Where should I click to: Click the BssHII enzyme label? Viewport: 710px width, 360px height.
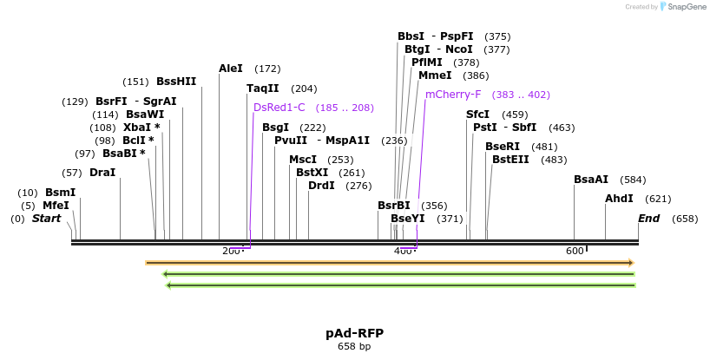tap(176, 82)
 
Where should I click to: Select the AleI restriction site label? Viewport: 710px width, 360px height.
tap(231, 68)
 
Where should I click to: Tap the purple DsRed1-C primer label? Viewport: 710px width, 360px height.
tap(279, 108)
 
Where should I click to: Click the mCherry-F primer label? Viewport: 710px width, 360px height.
tap(453, 95)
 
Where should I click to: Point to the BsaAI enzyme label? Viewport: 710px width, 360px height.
tap(591, 180)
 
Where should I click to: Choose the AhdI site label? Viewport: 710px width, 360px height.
tap(620, 199)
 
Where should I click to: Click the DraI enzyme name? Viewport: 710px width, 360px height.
tap(102, 173)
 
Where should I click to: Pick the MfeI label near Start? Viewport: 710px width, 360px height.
tap(56, 206)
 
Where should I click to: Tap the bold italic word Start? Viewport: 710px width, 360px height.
tap(47, 219)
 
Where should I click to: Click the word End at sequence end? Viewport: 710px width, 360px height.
tap(649, 219)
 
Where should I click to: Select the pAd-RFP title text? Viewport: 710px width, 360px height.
tap(354, 333)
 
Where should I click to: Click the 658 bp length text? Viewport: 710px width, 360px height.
tap(354, 346)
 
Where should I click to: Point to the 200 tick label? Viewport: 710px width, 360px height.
tap(231, 252)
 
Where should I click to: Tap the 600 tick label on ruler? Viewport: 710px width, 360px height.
tap(575, 252)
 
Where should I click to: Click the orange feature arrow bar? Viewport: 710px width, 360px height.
tap(390, 262)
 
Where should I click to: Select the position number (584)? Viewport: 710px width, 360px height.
tap(633, 180)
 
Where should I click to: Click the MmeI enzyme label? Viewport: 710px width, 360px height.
tap(435, 75)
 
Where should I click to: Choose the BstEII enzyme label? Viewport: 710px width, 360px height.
tap(510, 160)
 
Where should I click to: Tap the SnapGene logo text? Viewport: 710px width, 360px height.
tap(687, 7)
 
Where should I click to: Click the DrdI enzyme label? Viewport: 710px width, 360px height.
tap(321, 186)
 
